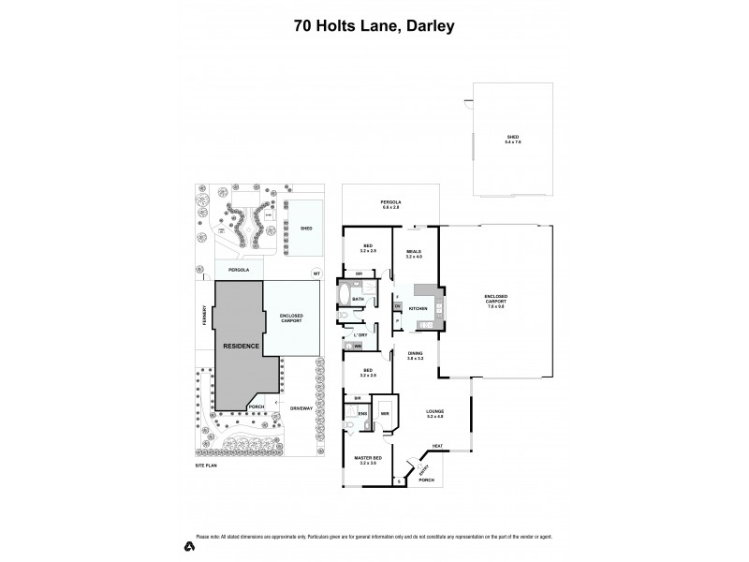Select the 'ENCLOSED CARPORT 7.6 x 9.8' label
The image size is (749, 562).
(x=495, y=302)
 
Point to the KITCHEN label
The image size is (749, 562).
(x=418, y=308)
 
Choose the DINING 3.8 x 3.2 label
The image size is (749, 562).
(x=415, y=356)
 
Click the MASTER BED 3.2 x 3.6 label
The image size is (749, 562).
(x=364, y=461)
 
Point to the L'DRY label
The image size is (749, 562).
(x=360, y=334)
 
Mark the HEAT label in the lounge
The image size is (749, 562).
(x=437, y=445)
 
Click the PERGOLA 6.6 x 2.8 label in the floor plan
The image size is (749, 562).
(x=390, y=204)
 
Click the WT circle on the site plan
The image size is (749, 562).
(x=316, y=273)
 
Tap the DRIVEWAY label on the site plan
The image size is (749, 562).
(x=300, y=409)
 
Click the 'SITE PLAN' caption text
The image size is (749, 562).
(x=204, y=465)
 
